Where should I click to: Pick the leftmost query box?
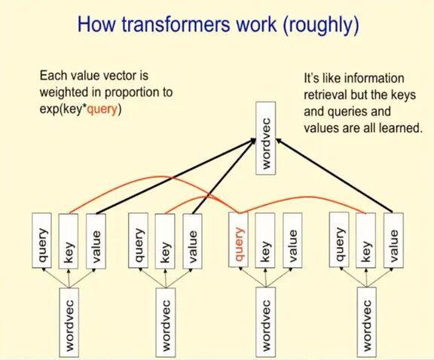click(42, 240)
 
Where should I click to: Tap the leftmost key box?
click(68, 240)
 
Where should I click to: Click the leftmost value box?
click(93, 240)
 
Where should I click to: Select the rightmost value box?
click(392, 240)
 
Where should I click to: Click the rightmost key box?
click(366, 240)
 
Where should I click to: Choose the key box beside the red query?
click(264, 240)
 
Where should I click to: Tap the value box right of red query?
click(291, 240)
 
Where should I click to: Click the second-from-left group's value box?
click(191, 240)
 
